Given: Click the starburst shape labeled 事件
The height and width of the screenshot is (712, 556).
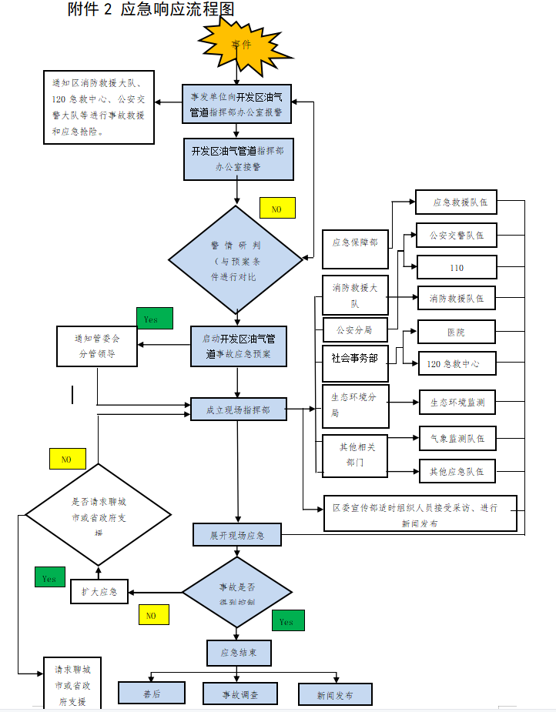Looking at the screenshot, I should [242, 44].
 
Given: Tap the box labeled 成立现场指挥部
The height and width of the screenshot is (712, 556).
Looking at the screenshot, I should [239, 410].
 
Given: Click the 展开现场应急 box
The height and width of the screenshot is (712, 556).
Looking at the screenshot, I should [237, 534].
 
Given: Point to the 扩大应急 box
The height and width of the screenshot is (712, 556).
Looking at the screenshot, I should [99, 591].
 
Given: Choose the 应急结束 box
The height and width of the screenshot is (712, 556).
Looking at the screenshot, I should [239, 653].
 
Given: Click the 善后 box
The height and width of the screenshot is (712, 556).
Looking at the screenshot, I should [152, 694].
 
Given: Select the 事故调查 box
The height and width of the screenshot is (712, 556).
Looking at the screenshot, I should [240, 694].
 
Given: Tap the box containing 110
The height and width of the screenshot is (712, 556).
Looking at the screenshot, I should [456, 267].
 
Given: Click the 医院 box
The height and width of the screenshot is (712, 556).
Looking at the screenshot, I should [456, 333].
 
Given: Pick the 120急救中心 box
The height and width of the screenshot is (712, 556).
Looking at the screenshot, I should [456, 363].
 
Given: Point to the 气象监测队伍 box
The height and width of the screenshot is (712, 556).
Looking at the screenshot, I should [457, 438].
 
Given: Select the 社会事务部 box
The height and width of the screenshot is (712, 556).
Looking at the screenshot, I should [355, 359].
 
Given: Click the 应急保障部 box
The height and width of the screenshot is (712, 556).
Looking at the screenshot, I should [355, 242].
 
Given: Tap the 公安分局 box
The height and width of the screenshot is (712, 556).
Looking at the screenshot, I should [355, 330].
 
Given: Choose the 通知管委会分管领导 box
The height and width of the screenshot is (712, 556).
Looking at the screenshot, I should [97, 346].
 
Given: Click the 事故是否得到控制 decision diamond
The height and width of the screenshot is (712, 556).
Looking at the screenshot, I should [237, 593].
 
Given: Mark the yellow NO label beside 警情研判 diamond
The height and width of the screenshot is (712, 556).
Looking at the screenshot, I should [277, 208].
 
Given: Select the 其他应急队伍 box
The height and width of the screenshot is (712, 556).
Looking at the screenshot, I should [457, 471].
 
